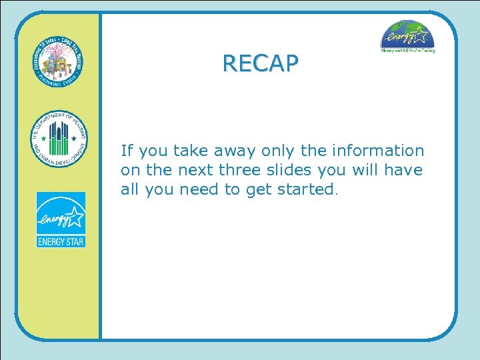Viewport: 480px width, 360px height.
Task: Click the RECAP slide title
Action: pyautogui.click(x=261, y=63)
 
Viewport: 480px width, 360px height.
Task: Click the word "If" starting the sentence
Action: pyautogui.click(x=126, y=151)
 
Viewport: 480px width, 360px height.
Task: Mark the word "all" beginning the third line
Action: pyautogui.click(x=129, y=189)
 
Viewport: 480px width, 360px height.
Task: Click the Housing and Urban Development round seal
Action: pyautogui.click(x=59, y=139)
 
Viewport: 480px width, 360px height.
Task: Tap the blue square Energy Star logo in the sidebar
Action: pyautogui.click(x=61, y=219)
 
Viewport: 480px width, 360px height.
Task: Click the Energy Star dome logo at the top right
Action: pyautogui.click(x=407, y=37)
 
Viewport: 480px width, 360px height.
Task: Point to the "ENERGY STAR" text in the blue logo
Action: pyautogui.click(x=61, y=241)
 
